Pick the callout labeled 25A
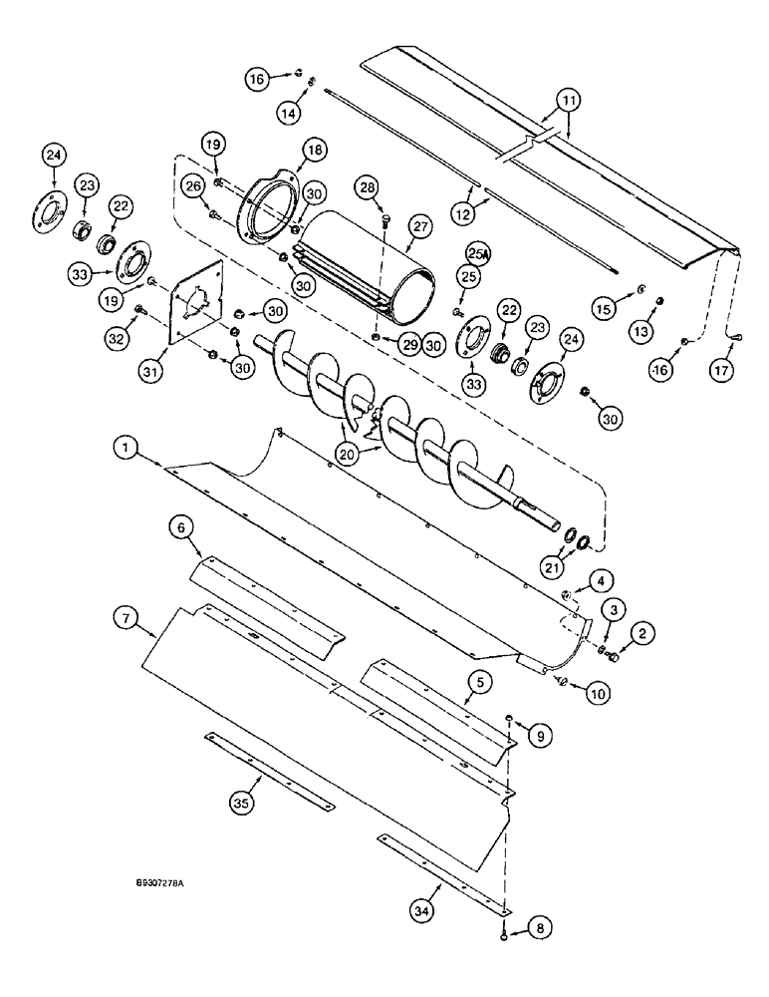coord(479,255)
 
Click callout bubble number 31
coord(150,371)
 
